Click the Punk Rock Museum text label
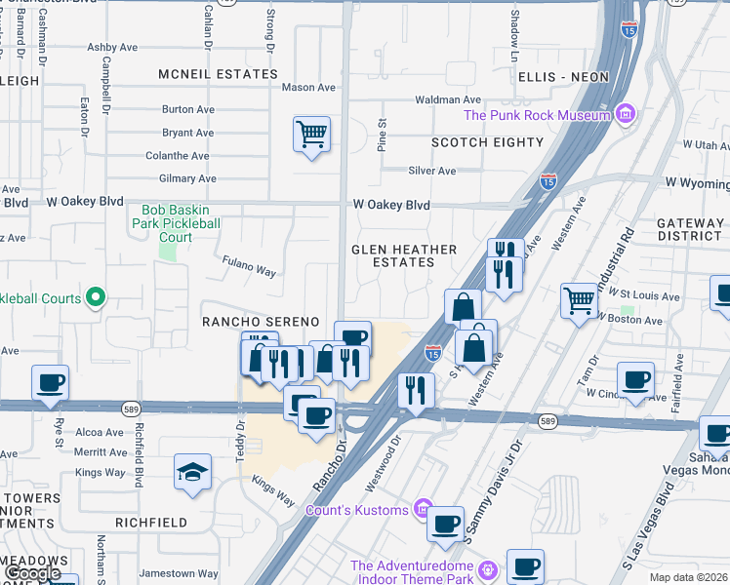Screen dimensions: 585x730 coord(537,116)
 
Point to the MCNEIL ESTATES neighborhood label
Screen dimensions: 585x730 coord(220,74)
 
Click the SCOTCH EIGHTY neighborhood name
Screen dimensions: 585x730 coord(488,142)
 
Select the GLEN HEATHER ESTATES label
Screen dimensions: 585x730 coord(404,256)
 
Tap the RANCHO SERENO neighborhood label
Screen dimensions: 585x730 coord(261,322)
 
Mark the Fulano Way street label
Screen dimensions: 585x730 coord(249,265)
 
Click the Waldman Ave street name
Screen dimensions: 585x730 coord(448,99)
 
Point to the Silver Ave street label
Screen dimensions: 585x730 coord(432,171)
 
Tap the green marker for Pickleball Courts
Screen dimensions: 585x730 coord(95,296)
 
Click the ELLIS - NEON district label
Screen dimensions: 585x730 coord(563,76)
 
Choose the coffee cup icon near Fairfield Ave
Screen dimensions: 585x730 coord(636,380)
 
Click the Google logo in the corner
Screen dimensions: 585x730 coord(32,573)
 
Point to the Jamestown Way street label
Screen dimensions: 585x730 coord(179,573)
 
